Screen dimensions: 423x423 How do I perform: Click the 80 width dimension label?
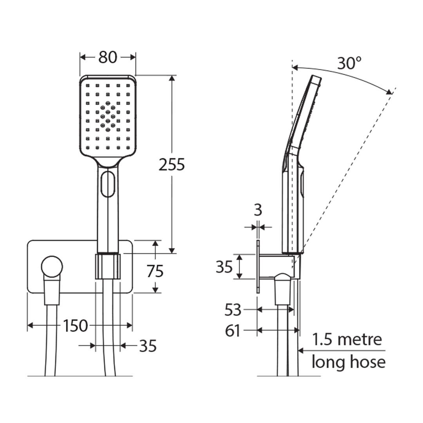pos(108,57)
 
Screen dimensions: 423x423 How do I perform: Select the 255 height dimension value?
pos(172,165)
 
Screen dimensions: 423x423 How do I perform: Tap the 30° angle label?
pos(349,63)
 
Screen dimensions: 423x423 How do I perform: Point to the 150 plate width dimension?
pos(76,325)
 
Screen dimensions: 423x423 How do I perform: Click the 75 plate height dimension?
pos(155,271)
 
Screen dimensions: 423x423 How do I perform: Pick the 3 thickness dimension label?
pos(258,210)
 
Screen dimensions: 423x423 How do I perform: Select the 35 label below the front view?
pos(148,346)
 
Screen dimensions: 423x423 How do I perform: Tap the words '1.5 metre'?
pos(347,339)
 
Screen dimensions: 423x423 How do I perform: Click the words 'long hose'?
pos(348,362)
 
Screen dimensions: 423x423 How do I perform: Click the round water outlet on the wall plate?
pos(52,267)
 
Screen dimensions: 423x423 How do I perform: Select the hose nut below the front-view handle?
pos(108,266)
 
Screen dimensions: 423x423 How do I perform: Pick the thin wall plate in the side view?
pos(258,267)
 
